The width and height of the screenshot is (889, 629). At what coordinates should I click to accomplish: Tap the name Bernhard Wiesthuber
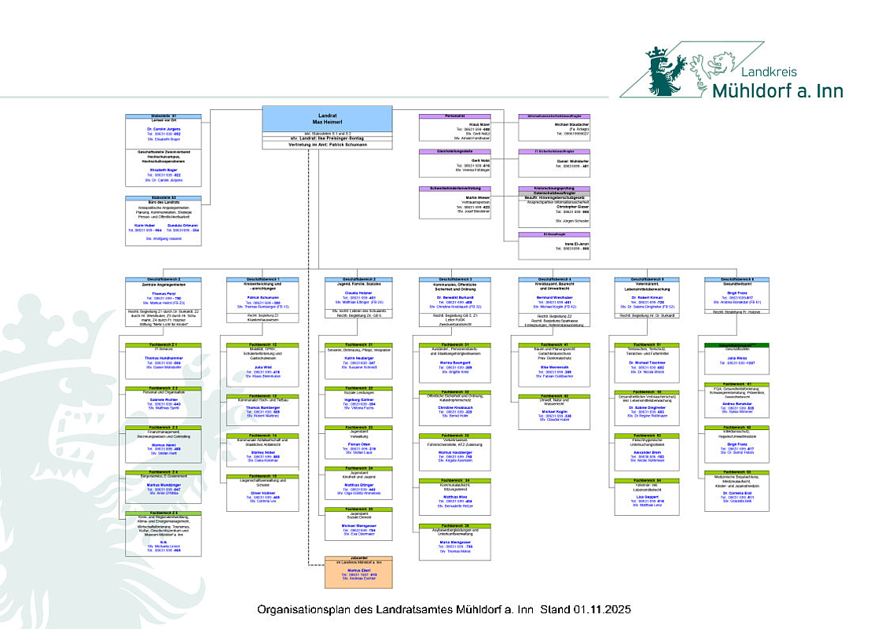tap(555, 297)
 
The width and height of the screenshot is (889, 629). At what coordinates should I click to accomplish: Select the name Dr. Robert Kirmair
tap(652, 296)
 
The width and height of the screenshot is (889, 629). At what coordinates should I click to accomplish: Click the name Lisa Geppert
tap(651, 495)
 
